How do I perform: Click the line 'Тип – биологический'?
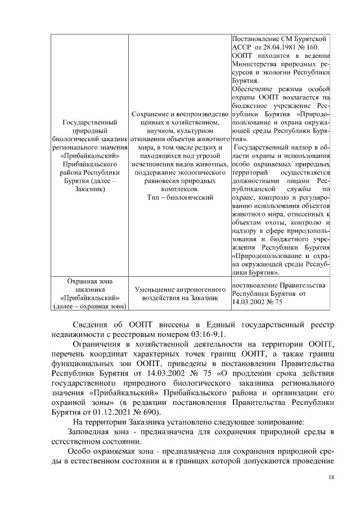pos(180,197)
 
